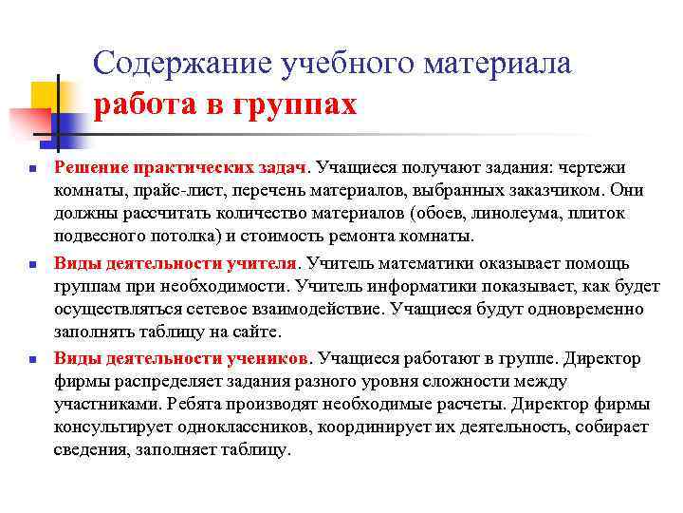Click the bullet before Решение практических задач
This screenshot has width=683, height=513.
(x=31, y=169)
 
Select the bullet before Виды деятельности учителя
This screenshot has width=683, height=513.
(x=31, y=265)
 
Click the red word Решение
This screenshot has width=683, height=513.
(x=89, y=168)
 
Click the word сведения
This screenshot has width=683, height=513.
(x=90, y=449)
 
